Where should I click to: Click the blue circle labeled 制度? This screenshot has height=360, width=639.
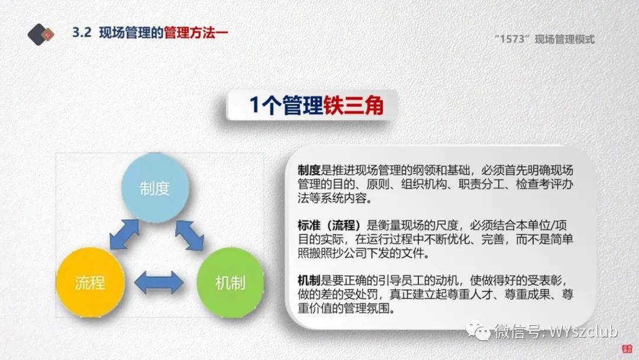click(155, 188)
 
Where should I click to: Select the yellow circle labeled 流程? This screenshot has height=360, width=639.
click(90, 282)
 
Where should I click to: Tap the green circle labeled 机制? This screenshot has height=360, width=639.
click(230, 282)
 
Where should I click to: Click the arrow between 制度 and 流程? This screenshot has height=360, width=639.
click(124, 234)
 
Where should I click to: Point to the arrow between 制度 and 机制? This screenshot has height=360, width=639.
click(189, 235)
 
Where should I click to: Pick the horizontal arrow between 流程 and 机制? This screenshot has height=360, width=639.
click(159, 282)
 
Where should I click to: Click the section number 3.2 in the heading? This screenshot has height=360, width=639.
click(82, 32)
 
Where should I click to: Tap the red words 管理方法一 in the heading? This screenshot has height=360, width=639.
click(196, 32)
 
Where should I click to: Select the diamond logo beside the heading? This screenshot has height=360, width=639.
click(41, 34)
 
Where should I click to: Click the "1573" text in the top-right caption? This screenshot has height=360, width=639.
click(512, 39)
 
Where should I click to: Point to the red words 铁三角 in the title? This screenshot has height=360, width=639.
click(353, 105)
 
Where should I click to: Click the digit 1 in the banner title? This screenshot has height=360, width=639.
click(254, 105)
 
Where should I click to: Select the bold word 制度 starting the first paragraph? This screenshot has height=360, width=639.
click(309, 170)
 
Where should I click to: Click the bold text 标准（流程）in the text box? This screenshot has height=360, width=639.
click(330, 225)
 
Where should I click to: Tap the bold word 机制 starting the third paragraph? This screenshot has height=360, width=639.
click(309, 280)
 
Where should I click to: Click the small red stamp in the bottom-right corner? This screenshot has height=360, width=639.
click(627, 349)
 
